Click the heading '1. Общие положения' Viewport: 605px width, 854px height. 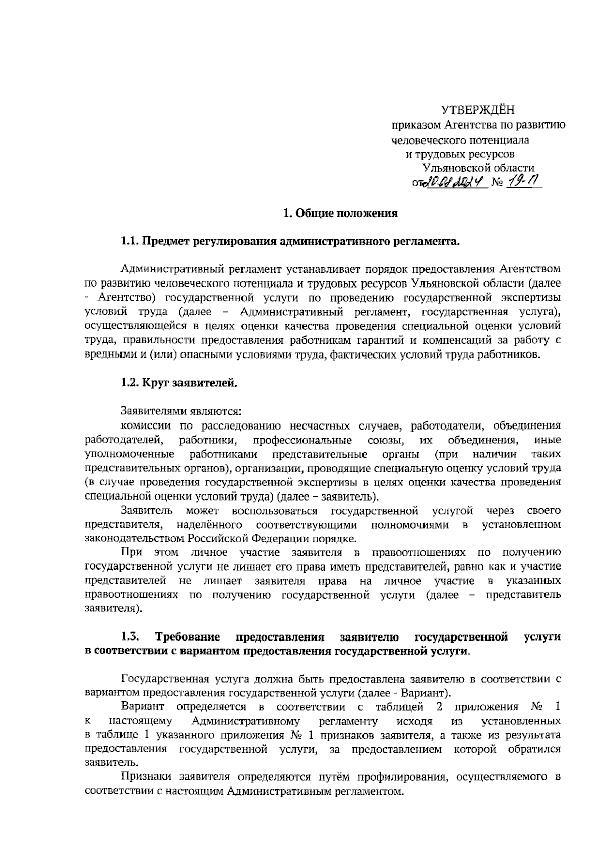(x=340, y=213)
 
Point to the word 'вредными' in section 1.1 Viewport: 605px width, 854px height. (x=108, y=354)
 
